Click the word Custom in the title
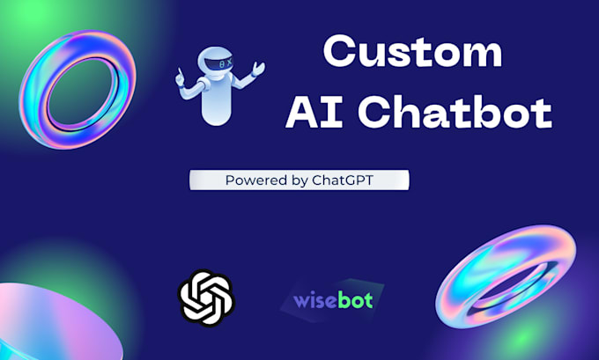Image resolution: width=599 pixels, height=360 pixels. click(412, 54)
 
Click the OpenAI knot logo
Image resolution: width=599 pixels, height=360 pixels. click(206, 295)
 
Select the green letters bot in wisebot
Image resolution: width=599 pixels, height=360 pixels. click(355, 299)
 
